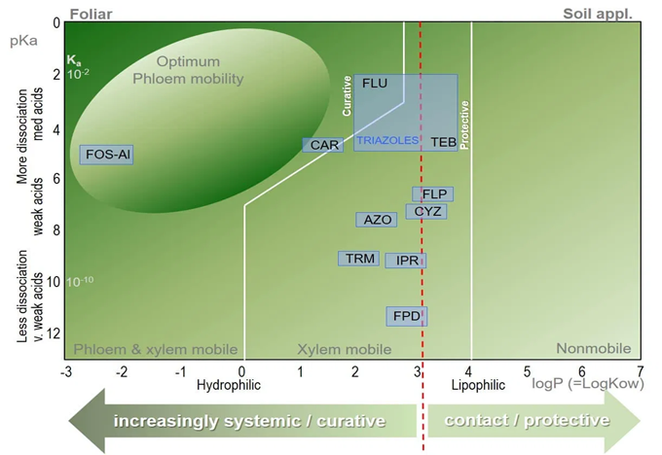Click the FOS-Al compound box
(107, 155)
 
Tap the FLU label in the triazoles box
(375, 84)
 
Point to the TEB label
(443, 142)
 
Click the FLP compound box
(433, 193)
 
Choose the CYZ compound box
(427, 211)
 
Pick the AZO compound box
(377, 220)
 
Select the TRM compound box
(358, 259)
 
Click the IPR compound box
(406, 261)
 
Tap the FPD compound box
(406, 316)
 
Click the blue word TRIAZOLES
(386, 141)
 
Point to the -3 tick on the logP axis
(66, 371)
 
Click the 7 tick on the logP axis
(640, 371)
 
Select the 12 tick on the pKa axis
(54, 333)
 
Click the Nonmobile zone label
(593, 349)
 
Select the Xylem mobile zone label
(344, 349)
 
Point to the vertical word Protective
(464, 123)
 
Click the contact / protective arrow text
(527, 421)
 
